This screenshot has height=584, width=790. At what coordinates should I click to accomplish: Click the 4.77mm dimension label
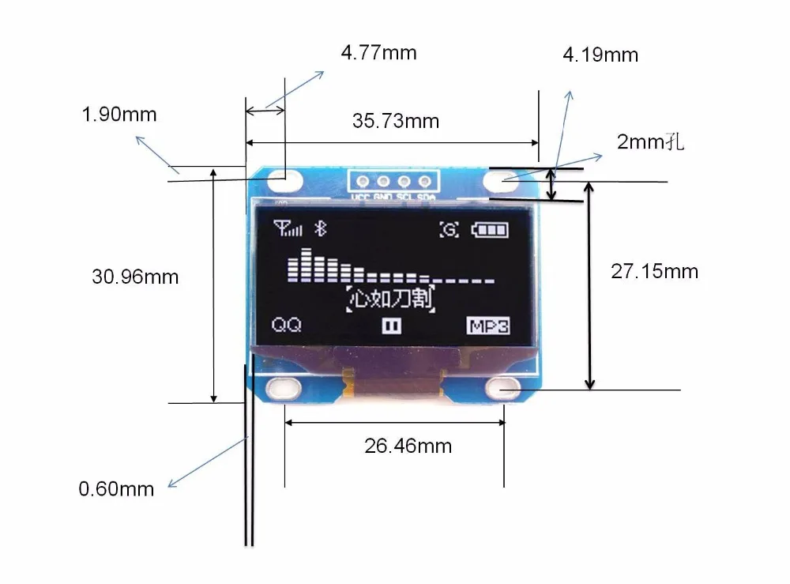(x=378, y=54)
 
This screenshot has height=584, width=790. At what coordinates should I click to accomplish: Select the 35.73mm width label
(x=395, y=121)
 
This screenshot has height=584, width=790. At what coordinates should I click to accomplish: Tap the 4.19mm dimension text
(x=600, y=55)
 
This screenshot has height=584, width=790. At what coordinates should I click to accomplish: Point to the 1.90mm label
(x=119, y=115)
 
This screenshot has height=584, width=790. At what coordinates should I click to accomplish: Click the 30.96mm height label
(x=135, y=277)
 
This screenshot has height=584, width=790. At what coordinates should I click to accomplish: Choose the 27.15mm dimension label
(x=654, y=272)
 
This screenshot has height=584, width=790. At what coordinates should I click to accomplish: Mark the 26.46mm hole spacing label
(x=408, y=446)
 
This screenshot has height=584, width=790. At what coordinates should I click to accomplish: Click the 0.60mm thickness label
(x=116, y=489)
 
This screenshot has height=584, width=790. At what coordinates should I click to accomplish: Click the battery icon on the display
(x=490, y=230)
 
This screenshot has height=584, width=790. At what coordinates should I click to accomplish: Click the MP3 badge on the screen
(x=487, y=326)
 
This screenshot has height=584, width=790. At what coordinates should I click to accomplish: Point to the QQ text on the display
(x=286, y=325)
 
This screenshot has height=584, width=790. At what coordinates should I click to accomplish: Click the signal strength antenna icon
(x=288, y=229)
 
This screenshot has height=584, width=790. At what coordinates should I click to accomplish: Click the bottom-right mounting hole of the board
(x=502, y=387)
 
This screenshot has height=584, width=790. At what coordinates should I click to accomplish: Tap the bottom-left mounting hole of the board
(x=282, y=387)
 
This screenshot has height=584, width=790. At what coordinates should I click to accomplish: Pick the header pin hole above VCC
(x=362, y=180)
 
